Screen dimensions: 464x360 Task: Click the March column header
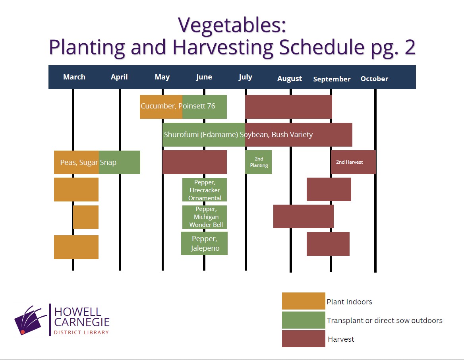(74, 77)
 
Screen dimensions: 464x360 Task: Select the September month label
(332, 79)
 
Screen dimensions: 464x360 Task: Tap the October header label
(374, 79)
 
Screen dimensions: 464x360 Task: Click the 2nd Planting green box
(258, 162)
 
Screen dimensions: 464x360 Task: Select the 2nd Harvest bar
(353, 162)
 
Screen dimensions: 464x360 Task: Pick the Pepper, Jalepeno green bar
(205, 243)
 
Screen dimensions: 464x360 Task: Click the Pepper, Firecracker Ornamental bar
(205, 190)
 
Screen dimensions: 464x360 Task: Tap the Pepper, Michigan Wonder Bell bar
(205, 217)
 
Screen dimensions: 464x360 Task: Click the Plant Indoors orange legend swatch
(304, 301)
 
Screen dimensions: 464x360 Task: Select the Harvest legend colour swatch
(304, 339)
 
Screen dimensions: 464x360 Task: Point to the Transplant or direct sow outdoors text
(385, 320)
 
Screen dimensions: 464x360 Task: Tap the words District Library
(81, 333)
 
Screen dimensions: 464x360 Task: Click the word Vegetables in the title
(232, 25)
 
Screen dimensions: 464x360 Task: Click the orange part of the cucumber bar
(161, 107)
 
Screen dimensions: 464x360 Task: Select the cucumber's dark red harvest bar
(288, 107)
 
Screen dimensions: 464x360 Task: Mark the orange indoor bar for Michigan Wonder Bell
(86, 217)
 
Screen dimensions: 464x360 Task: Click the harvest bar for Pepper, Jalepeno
(328, 244)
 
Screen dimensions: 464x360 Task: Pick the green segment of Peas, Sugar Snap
(120, 162)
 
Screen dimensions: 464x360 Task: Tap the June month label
(204, 77)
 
